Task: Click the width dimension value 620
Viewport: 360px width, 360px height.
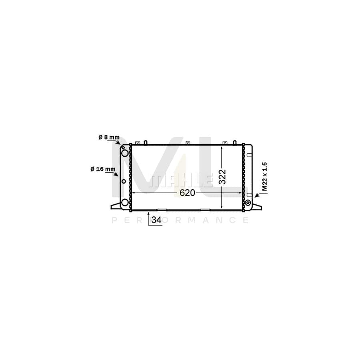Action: pyautogui.click(x=187, y=193)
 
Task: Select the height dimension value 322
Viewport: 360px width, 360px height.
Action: pyautogui.click(x=222, y=177)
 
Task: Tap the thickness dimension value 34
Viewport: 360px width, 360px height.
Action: pyautogui.click(x=156, y=220)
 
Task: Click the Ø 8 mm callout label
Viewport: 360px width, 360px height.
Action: pyautogui.click(x=109, y=137)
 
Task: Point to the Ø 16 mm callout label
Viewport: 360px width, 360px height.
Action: pyautogui.click(x=103, y=169)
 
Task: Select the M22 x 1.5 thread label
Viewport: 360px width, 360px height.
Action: pyautogui.click(x=265, y=176)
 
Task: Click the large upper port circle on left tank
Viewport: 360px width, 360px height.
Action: pyautogui.click(x=125, y=153)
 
